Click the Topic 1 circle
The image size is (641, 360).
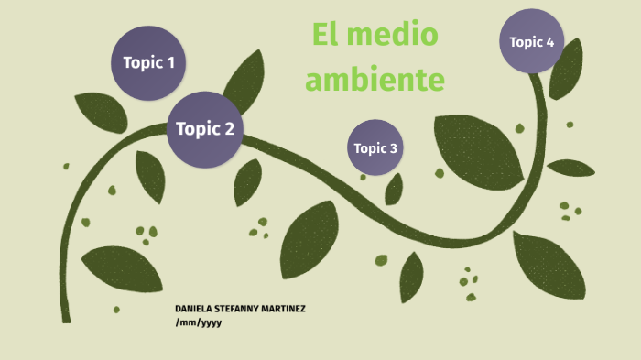tap(148, 62)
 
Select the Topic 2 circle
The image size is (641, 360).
tap(204, 129)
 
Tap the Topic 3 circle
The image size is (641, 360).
tap(375, 147)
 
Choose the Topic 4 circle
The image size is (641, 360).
tap(531, 41)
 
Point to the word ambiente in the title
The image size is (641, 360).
tap(375, 80)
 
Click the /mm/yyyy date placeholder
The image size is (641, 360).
tap(199, 322)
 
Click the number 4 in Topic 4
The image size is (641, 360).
tap(549, 41)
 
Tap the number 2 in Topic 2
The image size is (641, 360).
tap(229, 129)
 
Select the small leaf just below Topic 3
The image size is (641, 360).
tap(394, 190)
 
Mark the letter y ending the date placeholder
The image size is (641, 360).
tap(219, 323)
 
